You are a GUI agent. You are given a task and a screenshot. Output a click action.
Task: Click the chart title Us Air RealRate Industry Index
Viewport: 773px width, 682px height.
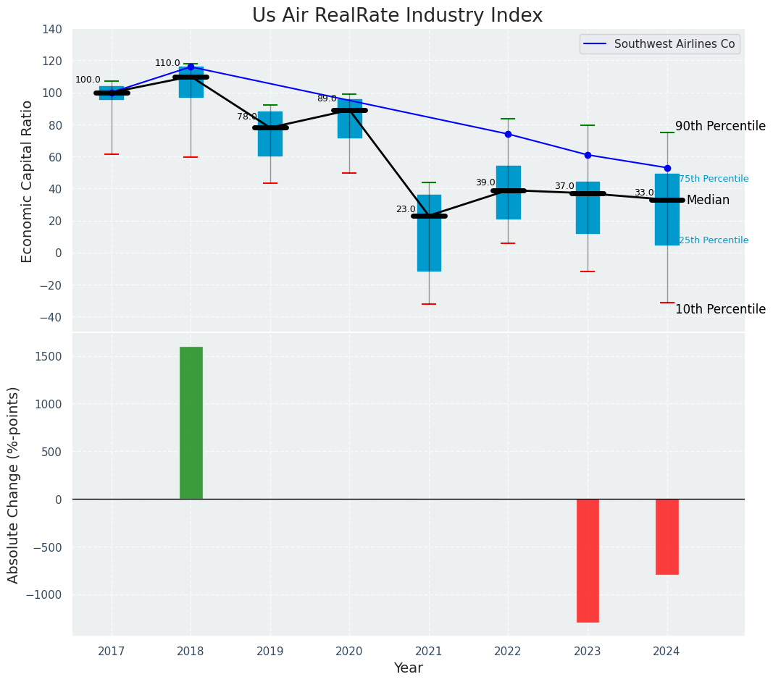pyautogui.click(x=397, y=16)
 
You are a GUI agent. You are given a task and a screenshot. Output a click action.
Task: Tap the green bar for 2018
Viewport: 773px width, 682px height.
pyautogui.click(x=191, y=423)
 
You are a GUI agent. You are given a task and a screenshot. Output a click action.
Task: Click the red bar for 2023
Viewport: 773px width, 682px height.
pyautogui.click(x=588, y=560)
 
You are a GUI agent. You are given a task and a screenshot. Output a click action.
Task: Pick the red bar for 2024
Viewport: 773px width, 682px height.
pyautogui.click(x=667, y=536)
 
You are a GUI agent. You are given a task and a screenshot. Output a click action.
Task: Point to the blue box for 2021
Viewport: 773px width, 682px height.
pyautogui.click(x=429, y=233)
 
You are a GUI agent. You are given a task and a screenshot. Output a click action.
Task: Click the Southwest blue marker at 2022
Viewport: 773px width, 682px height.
pyautogui.click(x=508, y=134)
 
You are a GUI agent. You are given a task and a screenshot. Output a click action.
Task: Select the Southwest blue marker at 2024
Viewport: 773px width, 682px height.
pyautogui.click(x=667, y=168)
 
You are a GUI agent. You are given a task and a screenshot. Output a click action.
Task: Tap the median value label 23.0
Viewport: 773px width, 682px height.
pyautogui.click(x=406, y=209)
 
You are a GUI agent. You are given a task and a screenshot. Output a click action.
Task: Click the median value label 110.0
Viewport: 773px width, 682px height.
pyautogui.click(x=167, y=63)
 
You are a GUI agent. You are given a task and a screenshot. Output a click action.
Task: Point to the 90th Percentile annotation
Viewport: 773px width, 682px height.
pyautogui.click(x=720, y=126)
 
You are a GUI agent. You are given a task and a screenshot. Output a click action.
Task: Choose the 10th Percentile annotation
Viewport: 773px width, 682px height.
pyautogui.click(x=720, y=309)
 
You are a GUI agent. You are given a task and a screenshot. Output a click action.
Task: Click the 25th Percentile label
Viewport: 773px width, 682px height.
pyautogui.click(x=714, y=240)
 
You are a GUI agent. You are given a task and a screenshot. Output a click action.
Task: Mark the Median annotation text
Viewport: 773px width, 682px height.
pyautogui.click(x=708, y=200)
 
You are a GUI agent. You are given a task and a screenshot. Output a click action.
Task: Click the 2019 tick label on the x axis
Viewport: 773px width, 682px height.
pyautogui.click(x=270, y=652)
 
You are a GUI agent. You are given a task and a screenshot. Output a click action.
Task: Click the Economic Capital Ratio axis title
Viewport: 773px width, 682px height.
pyautogui.click(x=28, y=181)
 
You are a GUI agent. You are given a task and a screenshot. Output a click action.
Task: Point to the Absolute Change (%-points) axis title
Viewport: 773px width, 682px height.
pyautogui.click(x=14, y=484)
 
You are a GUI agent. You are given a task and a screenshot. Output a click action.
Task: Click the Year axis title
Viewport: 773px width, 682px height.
pyautogui.click(x=408, y=668)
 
